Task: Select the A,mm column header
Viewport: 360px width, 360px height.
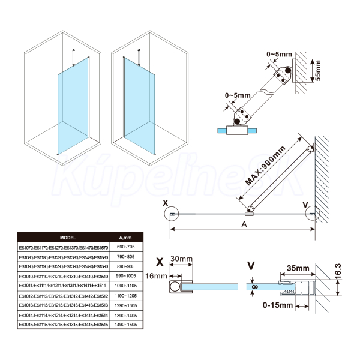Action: point(125,237)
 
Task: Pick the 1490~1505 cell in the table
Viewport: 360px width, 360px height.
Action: point(125,325)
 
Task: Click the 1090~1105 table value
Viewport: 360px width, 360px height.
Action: point(125,286)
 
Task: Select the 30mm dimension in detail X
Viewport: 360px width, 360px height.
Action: point(181,259)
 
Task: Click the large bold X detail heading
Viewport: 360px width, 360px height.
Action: point(160,262)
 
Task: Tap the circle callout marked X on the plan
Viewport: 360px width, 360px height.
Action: point(171,213)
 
